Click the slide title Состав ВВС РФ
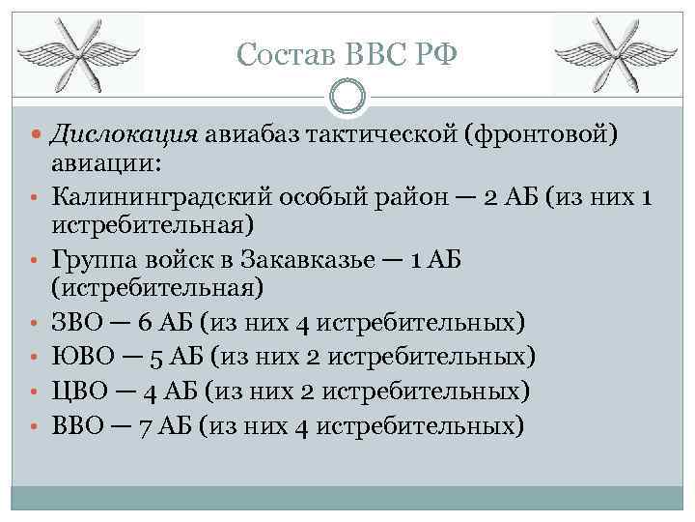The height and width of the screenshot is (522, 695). tap(347, 55)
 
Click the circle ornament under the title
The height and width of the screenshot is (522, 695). tap(347, 97)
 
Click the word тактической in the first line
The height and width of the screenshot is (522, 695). tap(380, 134)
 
